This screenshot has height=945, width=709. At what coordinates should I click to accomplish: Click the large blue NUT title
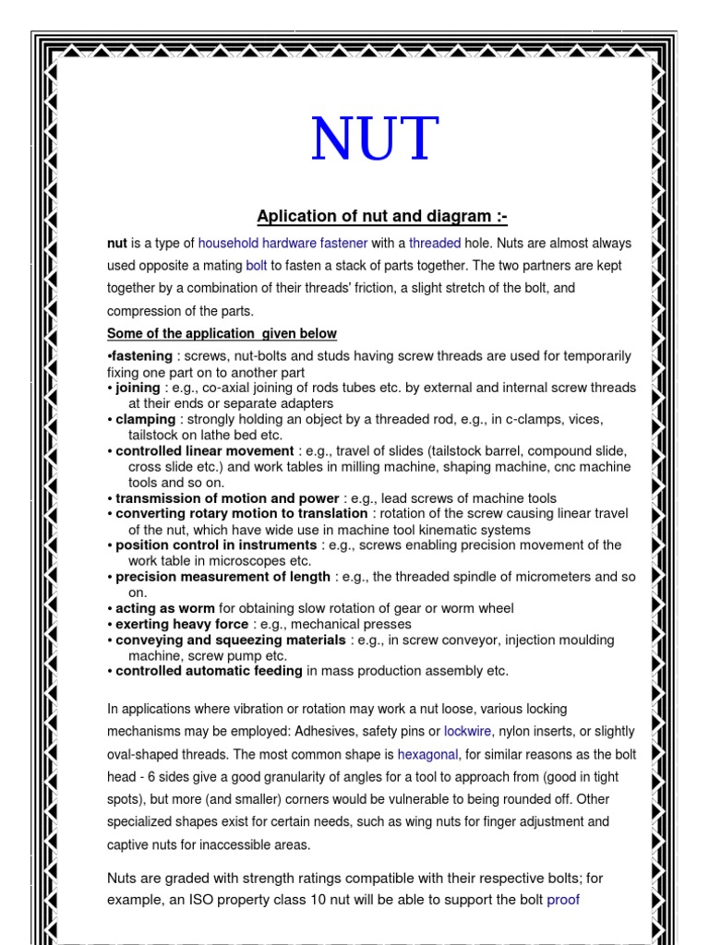374,140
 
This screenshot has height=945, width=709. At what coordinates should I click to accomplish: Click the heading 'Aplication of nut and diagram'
381,217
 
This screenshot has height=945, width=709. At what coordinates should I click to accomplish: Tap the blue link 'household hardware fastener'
282,244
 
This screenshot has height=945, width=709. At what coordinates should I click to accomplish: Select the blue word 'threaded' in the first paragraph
435,244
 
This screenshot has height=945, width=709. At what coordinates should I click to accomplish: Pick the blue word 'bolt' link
256,266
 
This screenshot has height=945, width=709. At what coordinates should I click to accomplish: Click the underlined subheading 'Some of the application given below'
222,333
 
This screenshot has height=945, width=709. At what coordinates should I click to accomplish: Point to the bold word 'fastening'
141,356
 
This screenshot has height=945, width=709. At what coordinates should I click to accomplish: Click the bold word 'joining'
138,389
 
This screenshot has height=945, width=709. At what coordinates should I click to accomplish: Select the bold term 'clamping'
145,420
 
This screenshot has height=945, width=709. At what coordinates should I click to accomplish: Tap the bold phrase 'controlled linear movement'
205,451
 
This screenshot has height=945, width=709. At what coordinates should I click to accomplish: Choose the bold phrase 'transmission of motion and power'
227,498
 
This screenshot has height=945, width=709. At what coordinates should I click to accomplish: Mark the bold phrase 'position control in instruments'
217,545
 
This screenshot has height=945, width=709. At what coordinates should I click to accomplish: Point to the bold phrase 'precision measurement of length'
222,577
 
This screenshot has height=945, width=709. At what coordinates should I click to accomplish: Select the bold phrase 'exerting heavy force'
182,625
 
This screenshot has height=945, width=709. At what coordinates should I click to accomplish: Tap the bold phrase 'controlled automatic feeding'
209,671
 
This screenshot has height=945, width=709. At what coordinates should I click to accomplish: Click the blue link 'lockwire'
468,731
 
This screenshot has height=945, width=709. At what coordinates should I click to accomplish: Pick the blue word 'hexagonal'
427,754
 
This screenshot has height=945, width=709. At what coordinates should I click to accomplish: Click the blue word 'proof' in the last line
563,899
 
